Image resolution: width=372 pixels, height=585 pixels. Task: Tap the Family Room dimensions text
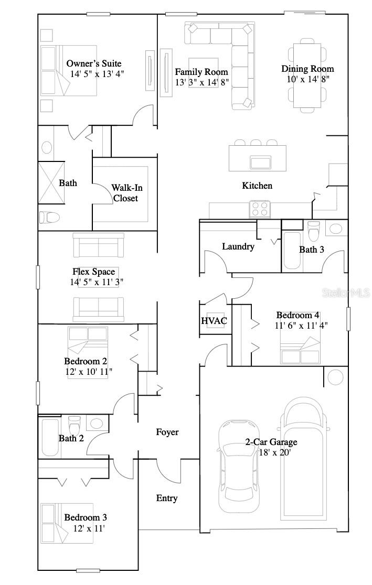201,82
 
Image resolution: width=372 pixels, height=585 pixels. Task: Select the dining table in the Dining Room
307,75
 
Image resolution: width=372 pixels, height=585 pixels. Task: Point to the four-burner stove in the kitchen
260,209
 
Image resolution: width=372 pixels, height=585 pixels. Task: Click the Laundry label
238,246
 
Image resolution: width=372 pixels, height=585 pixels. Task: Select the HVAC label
214,321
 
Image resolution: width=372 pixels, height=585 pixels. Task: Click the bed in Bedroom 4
301,351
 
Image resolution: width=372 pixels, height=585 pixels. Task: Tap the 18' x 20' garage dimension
274,452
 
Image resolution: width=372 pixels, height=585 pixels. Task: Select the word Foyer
167,432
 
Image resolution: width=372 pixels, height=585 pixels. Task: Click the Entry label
167,498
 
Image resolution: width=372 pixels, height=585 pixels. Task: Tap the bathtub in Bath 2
50,437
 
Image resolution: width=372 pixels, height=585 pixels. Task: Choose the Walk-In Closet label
126,193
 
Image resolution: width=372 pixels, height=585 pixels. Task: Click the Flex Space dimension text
97,282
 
